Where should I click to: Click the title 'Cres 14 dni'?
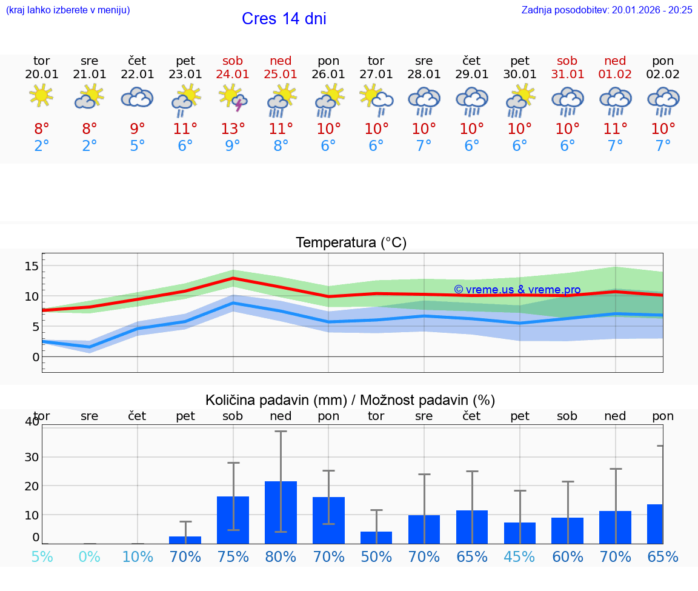coord(284,19)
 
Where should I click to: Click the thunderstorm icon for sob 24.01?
coord(233,98)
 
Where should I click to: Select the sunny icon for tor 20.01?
coord(41,96)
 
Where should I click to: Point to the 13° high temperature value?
coord(233,129)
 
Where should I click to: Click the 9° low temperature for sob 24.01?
coord(233,145)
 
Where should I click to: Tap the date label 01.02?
coord(615,75)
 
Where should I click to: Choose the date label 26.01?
coord(328,75)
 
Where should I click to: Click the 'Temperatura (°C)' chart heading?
coord(351,243)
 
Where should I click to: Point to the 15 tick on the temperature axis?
coord(32,266)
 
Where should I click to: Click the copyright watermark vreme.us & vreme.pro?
coord(517,290)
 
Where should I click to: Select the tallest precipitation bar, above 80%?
coord(281,512)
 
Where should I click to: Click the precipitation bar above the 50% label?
coord(376,538)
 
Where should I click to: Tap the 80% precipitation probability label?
coord(281,557)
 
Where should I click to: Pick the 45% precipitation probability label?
coord(519,557)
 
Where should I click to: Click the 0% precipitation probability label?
coord(89,557)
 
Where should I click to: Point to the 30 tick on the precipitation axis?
coord(31,457)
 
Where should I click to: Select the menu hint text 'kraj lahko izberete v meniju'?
coord(68,10)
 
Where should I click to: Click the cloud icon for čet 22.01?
coord(137,98)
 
